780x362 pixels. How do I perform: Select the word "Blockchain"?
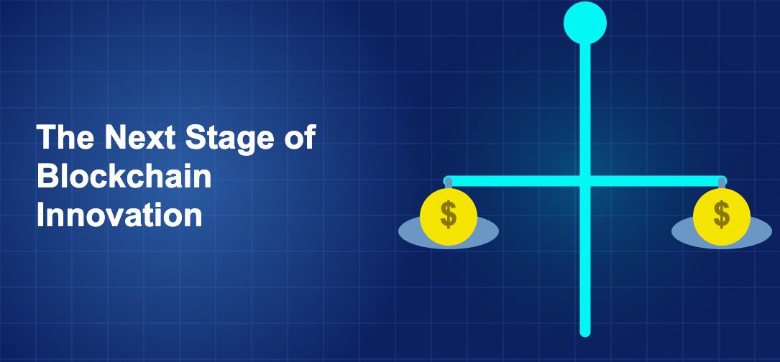[124, 176]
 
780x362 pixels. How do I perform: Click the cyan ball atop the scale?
[585, 22]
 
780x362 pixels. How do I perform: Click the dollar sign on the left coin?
[449, 214]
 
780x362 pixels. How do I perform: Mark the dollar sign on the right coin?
[722, 214]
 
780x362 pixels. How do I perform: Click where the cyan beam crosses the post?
[585, 181]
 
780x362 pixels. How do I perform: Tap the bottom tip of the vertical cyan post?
[585, 332]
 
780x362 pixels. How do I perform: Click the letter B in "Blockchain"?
[47, 176]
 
